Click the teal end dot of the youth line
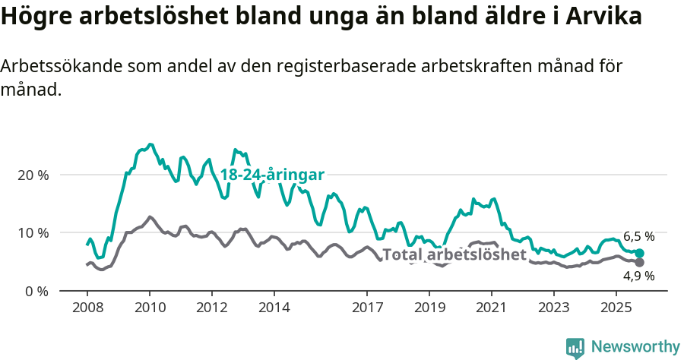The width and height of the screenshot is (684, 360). coord(640,253)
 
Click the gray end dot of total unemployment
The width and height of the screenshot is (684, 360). coord(640,263)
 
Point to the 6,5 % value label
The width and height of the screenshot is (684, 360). coord(638,236)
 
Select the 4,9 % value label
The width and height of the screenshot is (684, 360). coord(638,276)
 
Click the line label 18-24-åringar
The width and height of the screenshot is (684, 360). coord(272,175)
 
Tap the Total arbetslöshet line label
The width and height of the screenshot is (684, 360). coord(454,254)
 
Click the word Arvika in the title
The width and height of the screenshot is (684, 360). coord(601,17)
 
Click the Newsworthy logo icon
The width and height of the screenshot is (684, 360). coord(575,347)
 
